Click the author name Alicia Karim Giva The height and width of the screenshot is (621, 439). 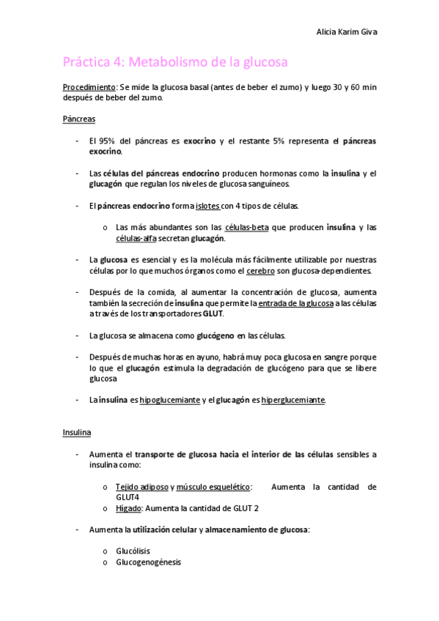[347, 32]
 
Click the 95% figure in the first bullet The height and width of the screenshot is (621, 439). [111, 141]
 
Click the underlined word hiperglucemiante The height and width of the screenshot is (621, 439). [292, 400]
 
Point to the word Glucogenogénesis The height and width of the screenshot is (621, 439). [148, 562]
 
